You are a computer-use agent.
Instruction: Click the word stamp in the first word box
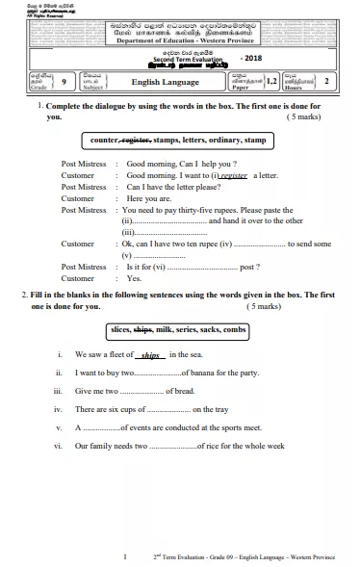pyautogui.click(x=254, y=141)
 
